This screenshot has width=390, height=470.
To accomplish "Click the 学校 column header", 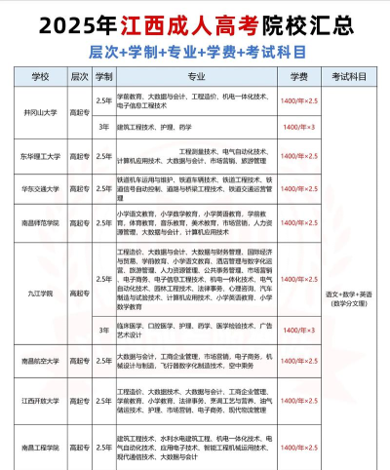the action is (40, 74).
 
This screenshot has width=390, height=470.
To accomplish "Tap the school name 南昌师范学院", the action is (39, 222).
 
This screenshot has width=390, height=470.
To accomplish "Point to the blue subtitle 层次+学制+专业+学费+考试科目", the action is (195, 49).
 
